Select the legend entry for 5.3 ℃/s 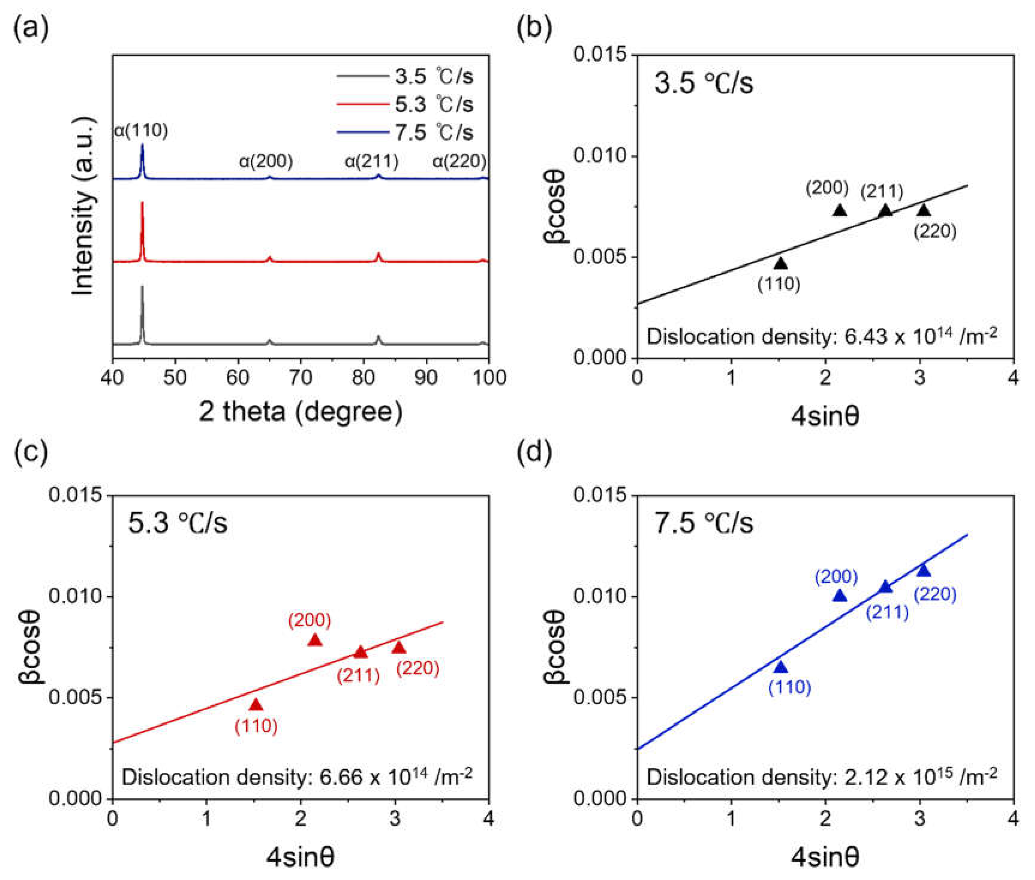click(405, 104)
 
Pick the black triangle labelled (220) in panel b click(923, 211)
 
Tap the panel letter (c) click(31, 452)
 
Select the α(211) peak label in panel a click(371, 161)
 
